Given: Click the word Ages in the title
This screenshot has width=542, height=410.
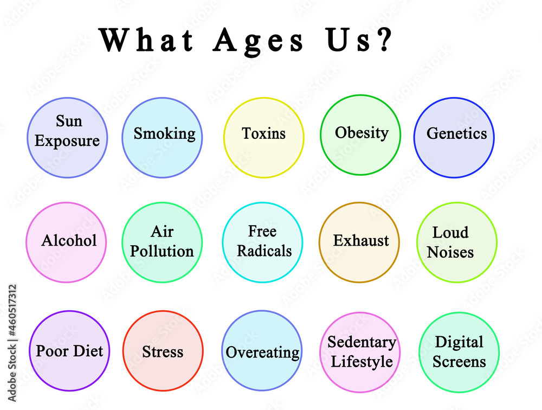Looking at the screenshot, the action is pyautogui.click(x=258, y=41).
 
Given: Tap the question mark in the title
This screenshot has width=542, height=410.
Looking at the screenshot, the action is pyautogui.click(x=385, y=40).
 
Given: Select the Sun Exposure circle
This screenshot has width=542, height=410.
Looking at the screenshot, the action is pyautogui.click(x=67, y=138).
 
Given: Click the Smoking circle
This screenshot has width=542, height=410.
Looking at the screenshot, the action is pyautogui.click(x=162, y=138).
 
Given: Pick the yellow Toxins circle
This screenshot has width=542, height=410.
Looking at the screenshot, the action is pyautogui.click(x=264, y=138).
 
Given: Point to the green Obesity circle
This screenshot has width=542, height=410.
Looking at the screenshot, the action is pyautogui.click(x=360, y=135).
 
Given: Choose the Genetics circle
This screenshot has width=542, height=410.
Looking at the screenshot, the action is pyautogui.click(x=454, y=138).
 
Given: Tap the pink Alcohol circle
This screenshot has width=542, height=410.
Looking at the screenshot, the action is pyautogui.click(x=66, y=242).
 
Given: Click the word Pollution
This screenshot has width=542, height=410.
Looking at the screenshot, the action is pyautogui.click(x=162, y=251).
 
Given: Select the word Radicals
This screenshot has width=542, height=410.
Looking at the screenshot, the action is pyautogui.click(x=264, y=251).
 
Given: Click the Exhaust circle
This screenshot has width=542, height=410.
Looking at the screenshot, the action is pyautogui.click(x=359, y=242).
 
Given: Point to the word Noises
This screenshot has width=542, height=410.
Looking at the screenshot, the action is pyautogui.click(x=450, y=252).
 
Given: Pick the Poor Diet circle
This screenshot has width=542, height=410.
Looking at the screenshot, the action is pyautogui.click(x=69, y=351).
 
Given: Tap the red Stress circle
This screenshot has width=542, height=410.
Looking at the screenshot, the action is pyautogui.click(x=163, y=351).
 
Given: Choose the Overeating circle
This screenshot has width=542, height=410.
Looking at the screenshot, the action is pyautogui.click(x=262, y=350).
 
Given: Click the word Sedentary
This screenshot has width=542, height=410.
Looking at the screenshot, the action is pyautogui.click(x=362, y=342).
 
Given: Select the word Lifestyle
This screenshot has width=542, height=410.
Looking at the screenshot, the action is pyautogui.click(x=362, y=362).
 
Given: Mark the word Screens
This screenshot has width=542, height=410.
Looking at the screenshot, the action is pyautogui.click(x=459, y=362).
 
